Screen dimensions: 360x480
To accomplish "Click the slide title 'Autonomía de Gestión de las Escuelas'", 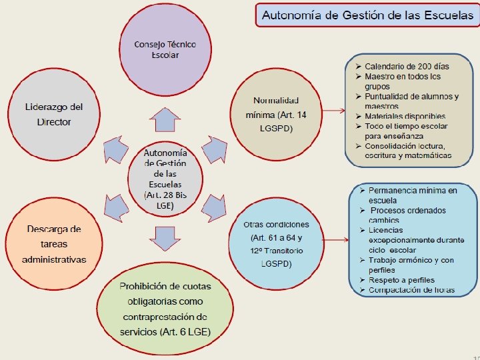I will click(367, 15).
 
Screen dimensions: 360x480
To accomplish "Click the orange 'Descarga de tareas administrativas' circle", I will click(54, 243).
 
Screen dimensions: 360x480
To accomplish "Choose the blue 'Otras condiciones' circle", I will click(276, 243).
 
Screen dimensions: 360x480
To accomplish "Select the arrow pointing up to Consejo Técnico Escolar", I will click(164, 120).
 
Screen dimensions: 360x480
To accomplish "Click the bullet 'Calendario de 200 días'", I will click(407, 67).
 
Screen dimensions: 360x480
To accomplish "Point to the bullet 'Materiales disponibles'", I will click(405, 117).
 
